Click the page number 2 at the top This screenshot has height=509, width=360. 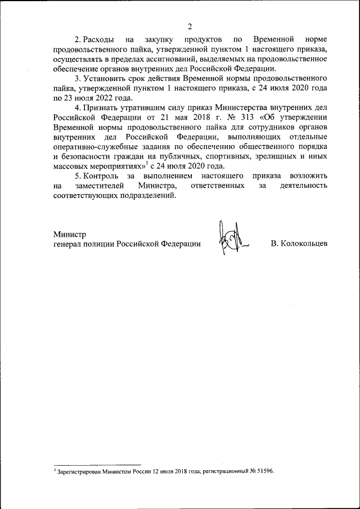[190, 26]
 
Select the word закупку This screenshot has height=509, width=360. [160, 40]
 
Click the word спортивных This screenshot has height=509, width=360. [226, 152]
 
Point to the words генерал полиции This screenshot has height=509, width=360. [84, 244]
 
